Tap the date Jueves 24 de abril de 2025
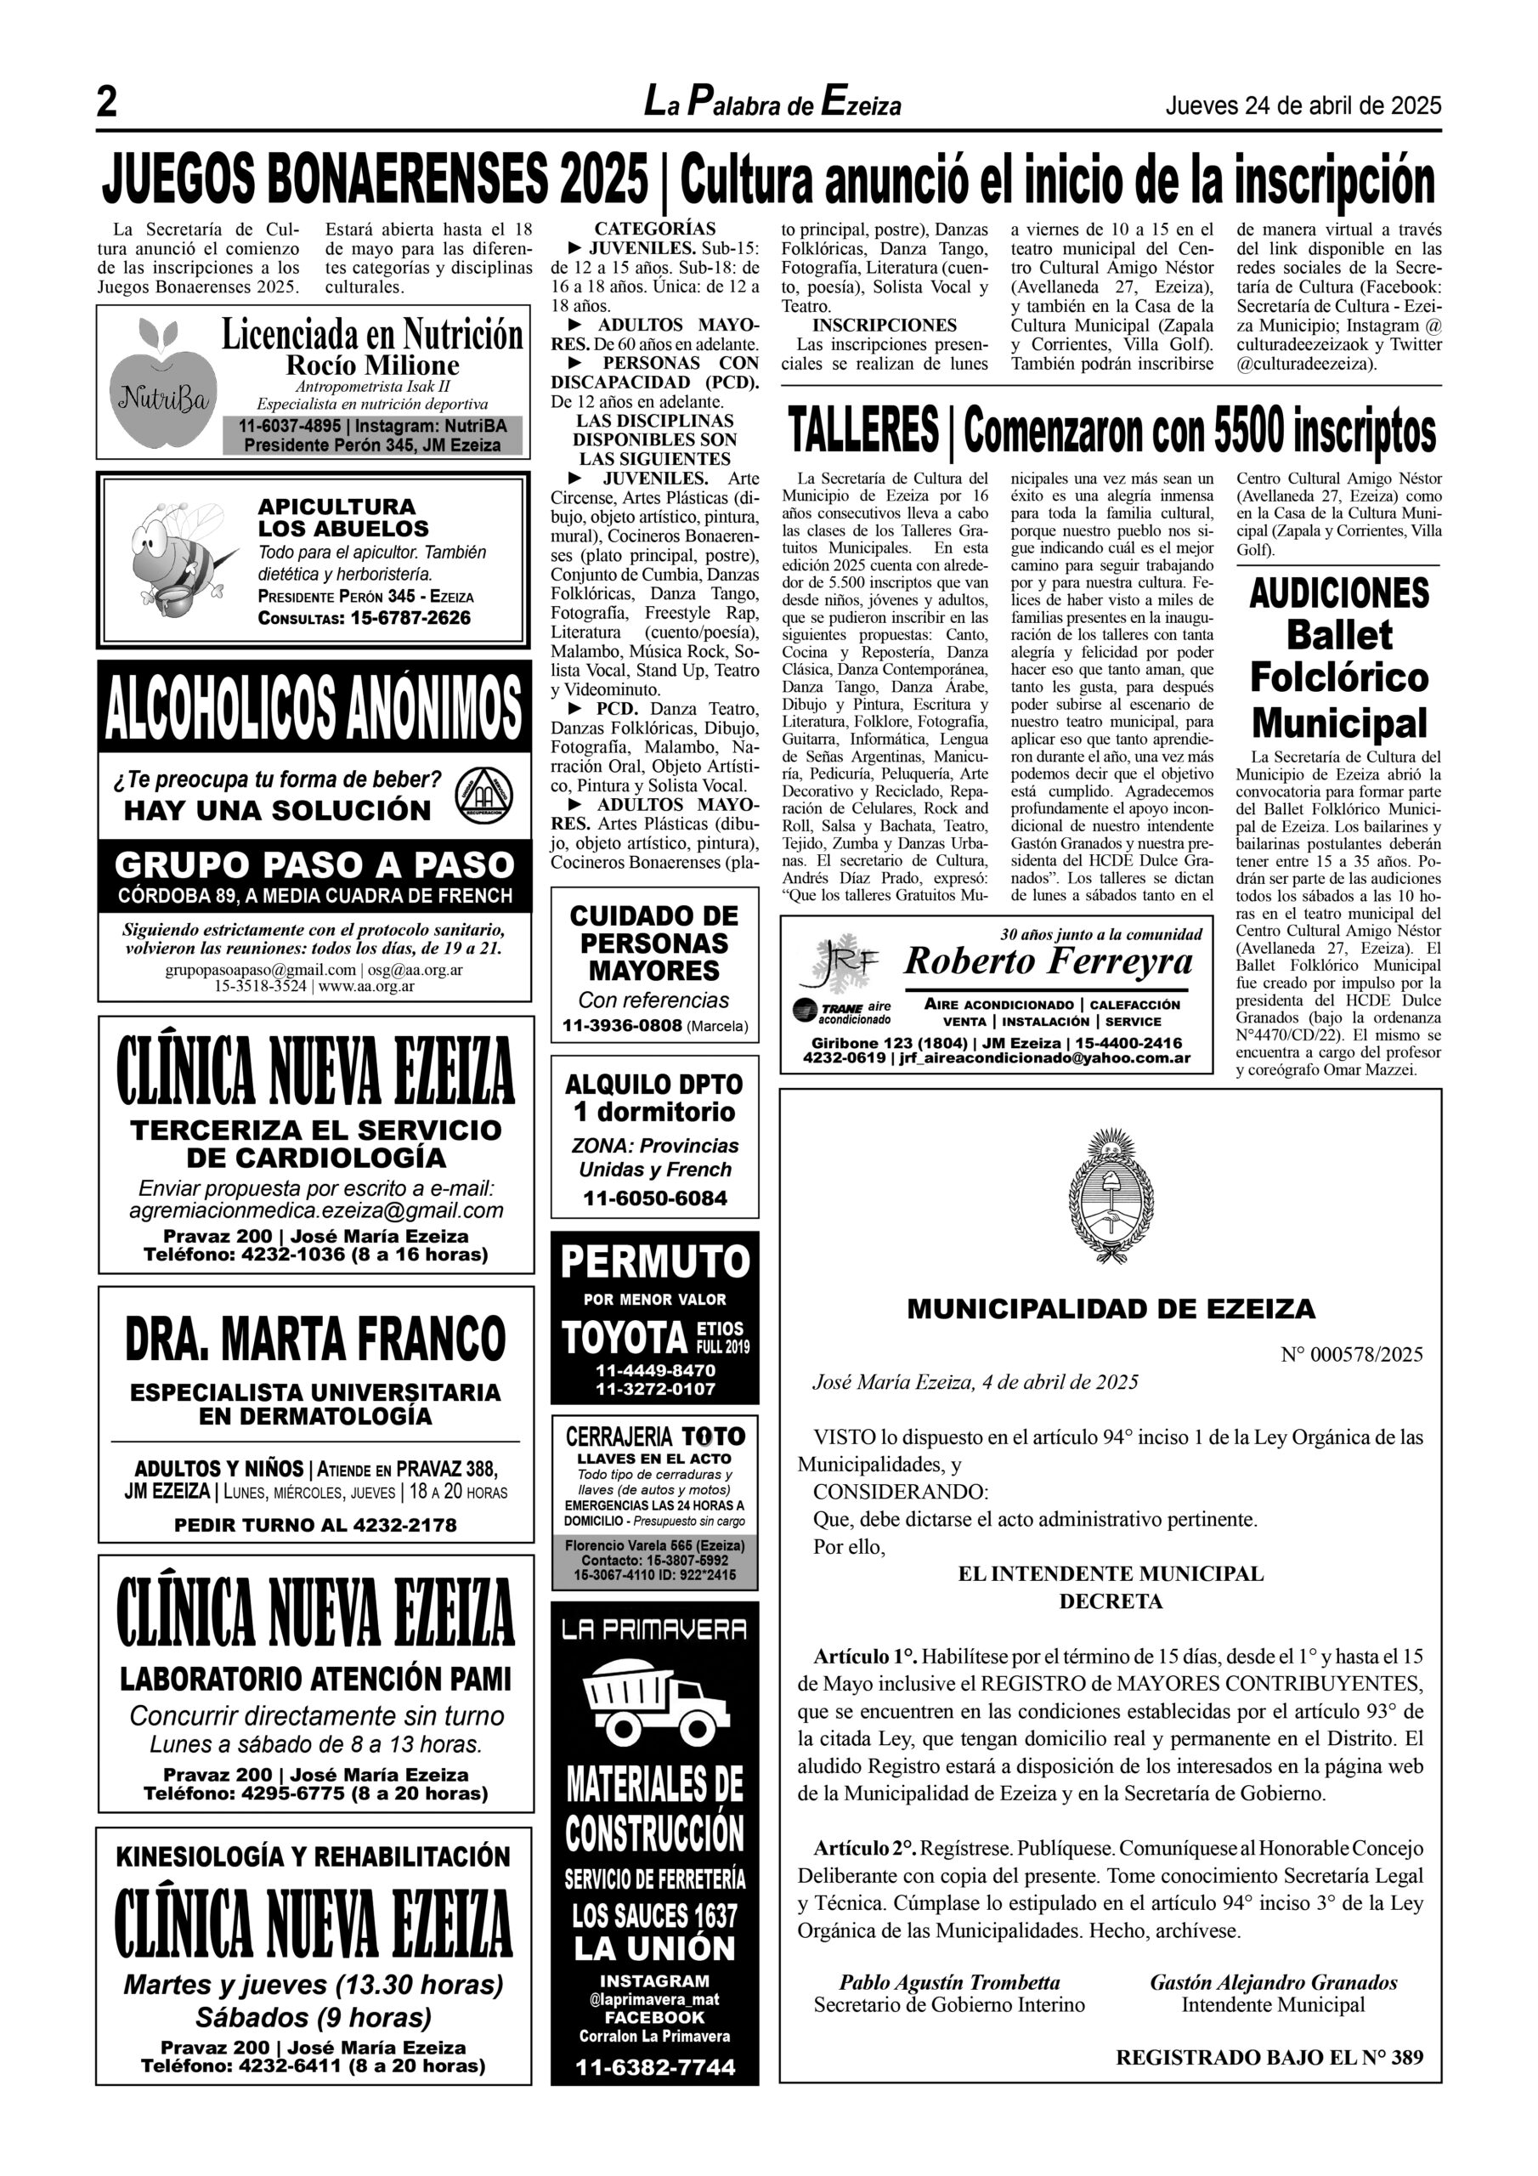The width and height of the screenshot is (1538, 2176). (x=1302, y=105)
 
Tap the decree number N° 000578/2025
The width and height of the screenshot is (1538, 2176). (x=1351, y=1354)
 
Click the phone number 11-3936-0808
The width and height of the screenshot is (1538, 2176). (x=623, y=1025)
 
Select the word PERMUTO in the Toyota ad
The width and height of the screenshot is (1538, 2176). (x=655, y=1262)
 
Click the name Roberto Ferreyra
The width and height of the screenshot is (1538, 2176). (x=1048, y=962)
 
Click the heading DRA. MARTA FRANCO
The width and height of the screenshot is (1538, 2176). (x=314, y=1338)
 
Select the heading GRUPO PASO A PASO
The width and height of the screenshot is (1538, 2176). (x=314, y=864)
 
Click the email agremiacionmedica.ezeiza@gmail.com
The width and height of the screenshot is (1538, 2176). (x=315, y=1211)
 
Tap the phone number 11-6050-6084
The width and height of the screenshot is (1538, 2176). (x=655, y=1198)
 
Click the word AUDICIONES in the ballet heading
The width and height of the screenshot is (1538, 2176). (x=1339, y=594)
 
